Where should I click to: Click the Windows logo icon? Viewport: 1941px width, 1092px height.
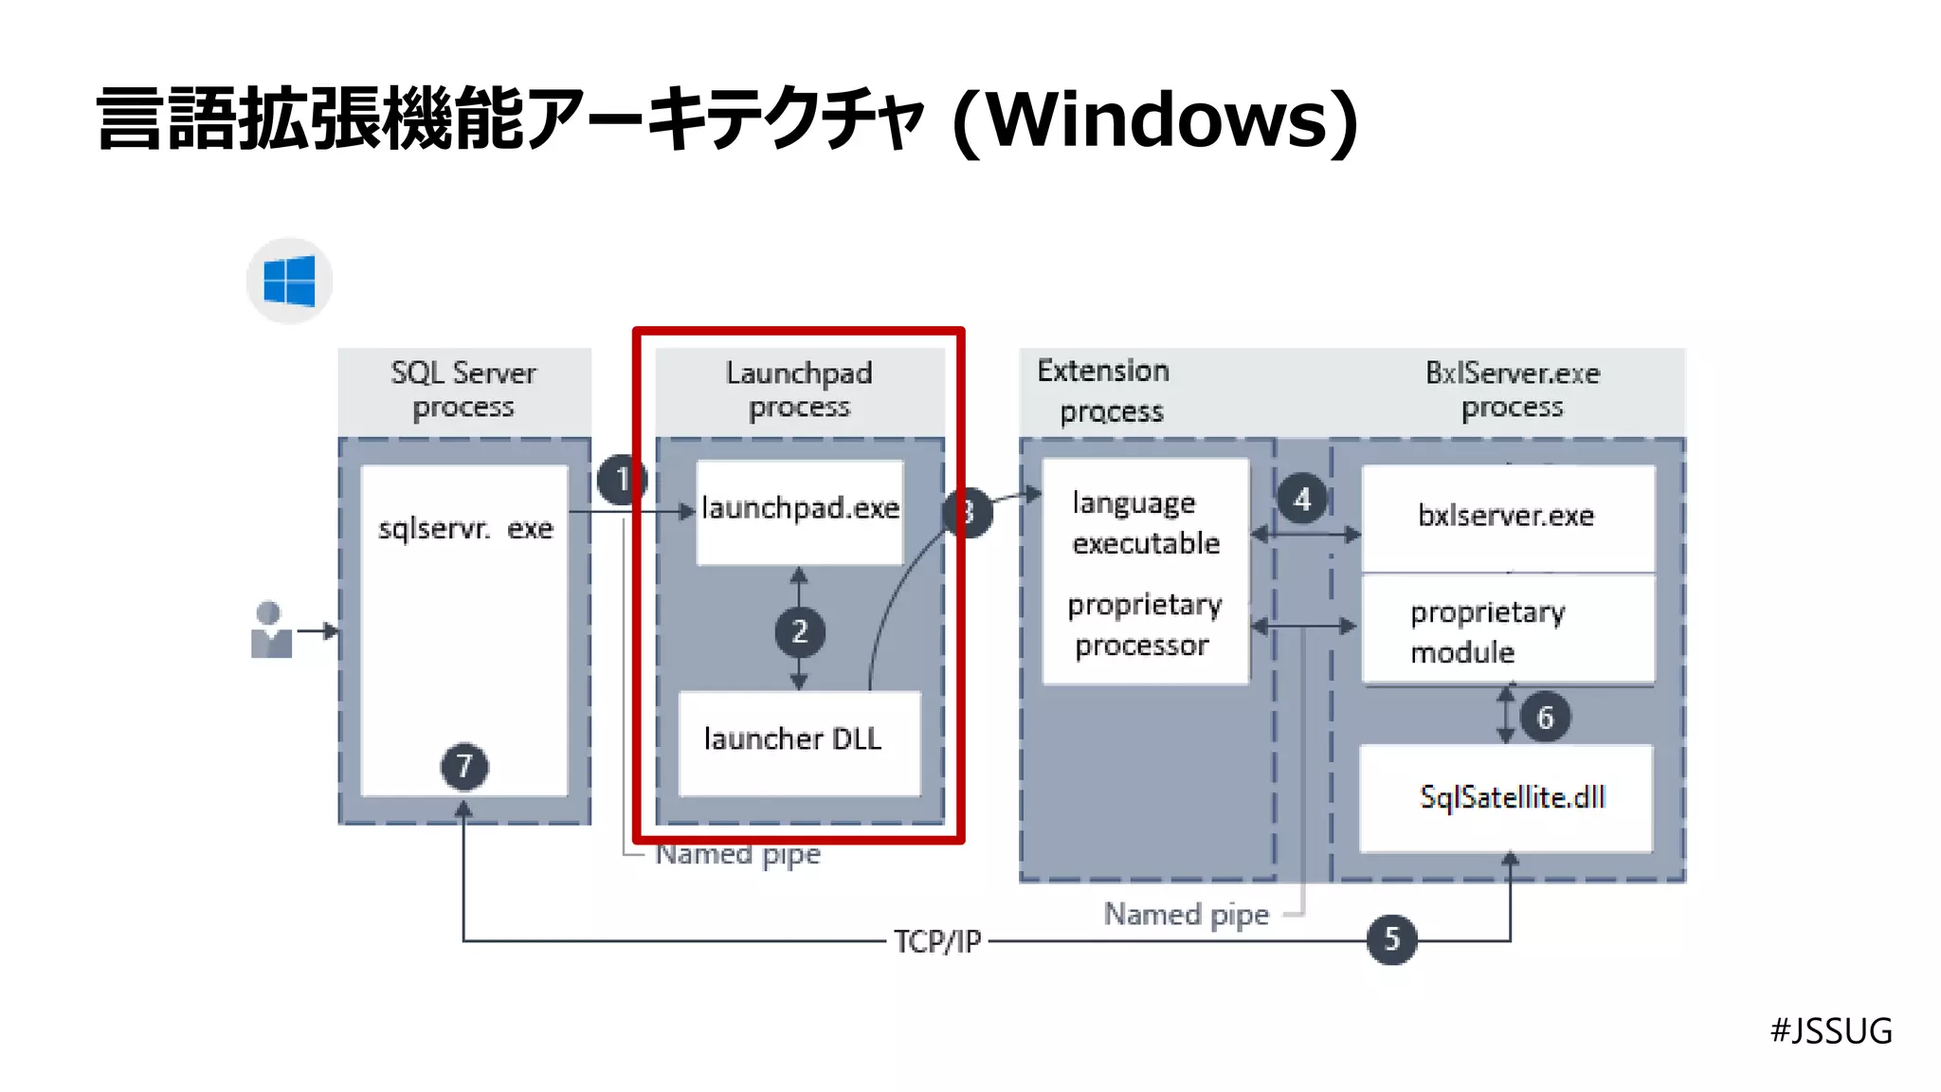click(289, 282)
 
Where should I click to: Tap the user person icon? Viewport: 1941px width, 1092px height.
click(270, 630)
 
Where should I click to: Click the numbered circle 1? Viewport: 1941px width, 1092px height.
click(622, 480)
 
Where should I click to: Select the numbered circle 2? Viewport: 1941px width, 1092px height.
click(799, 631)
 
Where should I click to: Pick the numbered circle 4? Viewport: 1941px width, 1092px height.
click(1302, 499)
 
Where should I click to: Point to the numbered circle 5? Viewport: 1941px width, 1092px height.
click(1391, 939)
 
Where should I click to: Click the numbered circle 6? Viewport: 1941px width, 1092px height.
click(1545, 718)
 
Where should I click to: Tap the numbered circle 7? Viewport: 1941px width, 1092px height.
click(464, 766)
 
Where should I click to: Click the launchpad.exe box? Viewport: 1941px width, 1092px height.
click(800, 512)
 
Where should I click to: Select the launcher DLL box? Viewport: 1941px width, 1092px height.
click(799, 742)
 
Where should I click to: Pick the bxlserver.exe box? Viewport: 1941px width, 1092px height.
click(1507, 517)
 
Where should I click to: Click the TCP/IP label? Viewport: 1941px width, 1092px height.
click(937, 941)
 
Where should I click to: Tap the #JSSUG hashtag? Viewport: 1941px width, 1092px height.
click(1830, 1030)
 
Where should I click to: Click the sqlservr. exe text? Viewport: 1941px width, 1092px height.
click(464, 528)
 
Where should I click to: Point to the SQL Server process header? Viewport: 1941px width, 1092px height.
click(463, 390)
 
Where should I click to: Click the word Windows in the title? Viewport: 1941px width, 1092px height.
click(1153, 120)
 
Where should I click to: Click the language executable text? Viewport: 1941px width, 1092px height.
click(1144, 523)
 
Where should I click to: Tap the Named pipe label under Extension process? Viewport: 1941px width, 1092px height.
click(1186, 915)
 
